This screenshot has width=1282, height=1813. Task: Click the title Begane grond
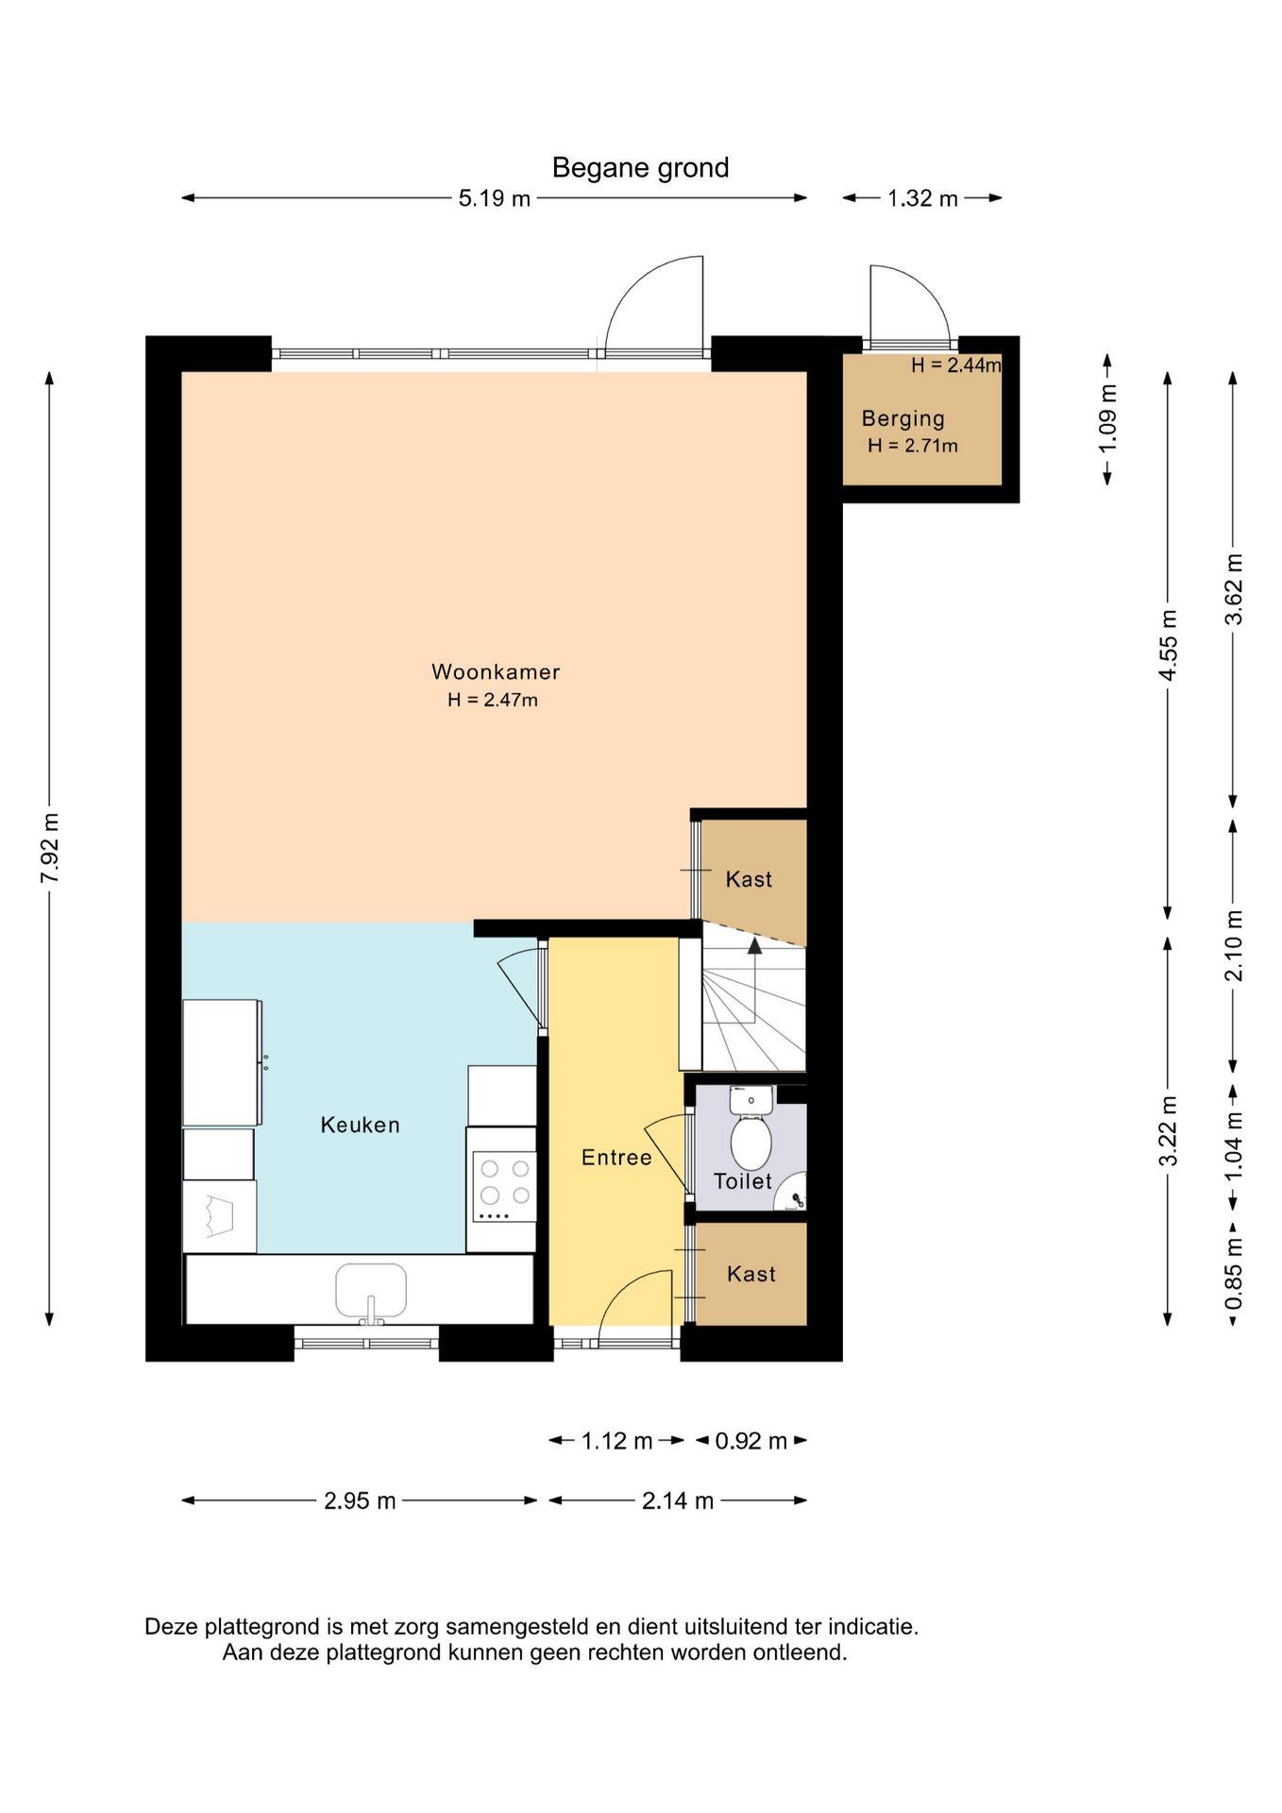[x=640, y=168]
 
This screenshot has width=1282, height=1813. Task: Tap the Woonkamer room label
[x=496, y=671]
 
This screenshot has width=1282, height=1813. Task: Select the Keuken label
[x=361, y=1125]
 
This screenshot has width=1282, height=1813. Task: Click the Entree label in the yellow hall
[x=616, y=1158]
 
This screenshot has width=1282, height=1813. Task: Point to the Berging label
[x=903, y=418]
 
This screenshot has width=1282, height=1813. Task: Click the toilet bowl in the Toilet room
[x=751, y=1142]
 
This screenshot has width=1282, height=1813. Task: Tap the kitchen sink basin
[x=371, y=1290]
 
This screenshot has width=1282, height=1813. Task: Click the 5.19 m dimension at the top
[x=495, y=198]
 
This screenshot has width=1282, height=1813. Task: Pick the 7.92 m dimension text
[x=51, y=847]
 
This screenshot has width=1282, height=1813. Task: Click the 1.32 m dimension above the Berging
[x=922, y=198]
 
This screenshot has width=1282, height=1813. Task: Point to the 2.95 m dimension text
[x=360, y=1500]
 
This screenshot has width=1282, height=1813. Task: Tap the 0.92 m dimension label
[x=751, y=1441]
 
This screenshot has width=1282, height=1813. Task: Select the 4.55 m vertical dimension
[x=1169, y=645]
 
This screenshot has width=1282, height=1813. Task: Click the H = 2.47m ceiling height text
[x=493, y=700]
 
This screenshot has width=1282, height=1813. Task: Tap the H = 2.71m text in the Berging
[x=913, y=446]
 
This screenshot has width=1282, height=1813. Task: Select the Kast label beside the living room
[x=749, y=879]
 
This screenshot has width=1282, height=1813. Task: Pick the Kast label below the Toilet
[x=751, y=1274]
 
